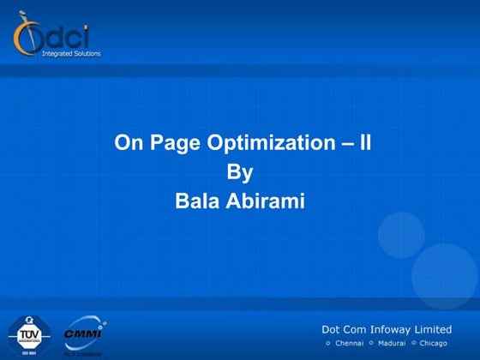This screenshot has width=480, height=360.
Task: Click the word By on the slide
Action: pos(240,172)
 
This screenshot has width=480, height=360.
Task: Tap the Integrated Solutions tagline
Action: pos(71,54)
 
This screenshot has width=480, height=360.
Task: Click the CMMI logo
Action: pos(83,333)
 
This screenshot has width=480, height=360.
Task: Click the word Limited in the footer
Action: pos(430,329)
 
